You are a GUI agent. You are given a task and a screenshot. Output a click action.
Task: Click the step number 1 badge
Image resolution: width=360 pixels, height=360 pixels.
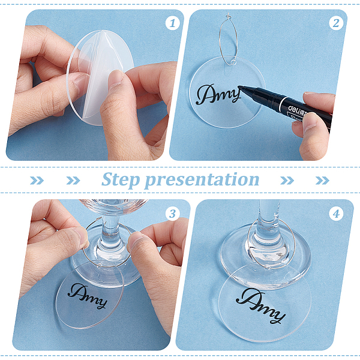point(172,23)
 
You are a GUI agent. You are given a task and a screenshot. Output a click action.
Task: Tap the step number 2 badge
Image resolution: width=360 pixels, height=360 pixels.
point(336,23)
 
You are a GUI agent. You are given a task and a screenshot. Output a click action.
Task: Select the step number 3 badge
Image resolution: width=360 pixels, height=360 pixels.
point(172,214)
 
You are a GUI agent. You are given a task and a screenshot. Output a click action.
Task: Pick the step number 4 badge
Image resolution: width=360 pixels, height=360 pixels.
point(336,214)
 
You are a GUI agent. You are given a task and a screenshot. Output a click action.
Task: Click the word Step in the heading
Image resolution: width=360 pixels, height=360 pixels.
point(121,180)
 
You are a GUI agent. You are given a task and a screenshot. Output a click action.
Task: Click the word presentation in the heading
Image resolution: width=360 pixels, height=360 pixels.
point(202,181)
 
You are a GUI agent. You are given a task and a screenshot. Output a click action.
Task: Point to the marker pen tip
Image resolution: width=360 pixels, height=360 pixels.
point(239,87)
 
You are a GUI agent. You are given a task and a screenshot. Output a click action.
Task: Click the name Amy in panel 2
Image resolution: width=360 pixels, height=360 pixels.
point(218,95)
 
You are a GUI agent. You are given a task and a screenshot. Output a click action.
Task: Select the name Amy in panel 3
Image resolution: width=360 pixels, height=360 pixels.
point(88,296)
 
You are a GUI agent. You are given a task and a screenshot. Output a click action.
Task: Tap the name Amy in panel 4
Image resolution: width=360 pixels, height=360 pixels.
point(260,306)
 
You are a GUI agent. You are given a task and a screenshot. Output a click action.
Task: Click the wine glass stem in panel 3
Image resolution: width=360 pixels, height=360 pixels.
point(110,232)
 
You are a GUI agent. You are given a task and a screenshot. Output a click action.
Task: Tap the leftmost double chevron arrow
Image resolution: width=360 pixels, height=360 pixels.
point(37,181)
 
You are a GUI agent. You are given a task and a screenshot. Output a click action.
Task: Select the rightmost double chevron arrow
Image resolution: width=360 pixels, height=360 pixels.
point(322,181)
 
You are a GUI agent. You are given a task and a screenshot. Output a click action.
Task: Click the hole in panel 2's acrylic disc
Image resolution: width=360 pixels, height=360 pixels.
point(232,62)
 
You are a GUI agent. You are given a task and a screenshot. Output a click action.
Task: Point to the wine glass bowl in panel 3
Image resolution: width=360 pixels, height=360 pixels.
point(113,206)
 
